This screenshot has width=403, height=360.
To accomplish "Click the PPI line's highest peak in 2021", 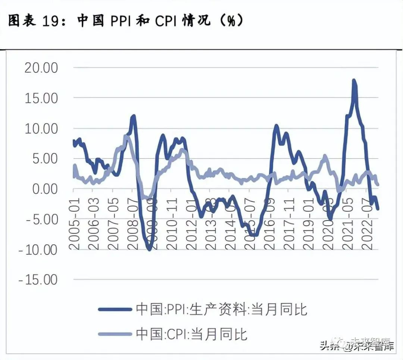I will click(354, 80).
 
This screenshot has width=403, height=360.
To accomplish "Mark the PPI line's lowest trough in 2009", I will click(149, 249).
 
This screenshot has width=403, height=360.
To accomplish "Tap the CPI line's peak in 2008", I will click(126, 136).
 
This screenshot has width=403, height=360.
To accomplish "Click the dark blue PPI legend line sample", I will click(115, 309).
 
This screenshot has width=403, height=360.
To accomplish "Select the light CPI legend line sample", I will click(115, 334).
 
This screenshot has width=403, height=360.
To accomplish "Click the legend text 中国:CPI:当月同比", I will click(191, 334).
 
